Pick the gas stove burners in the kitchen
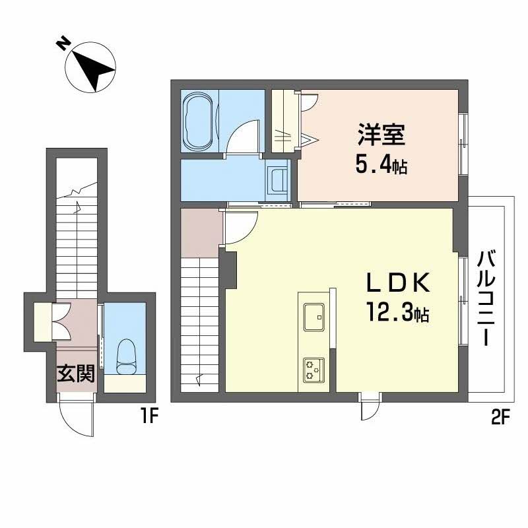point(313,370)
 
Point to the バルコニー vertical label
point(487,298)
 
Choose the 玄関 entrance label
point(75,374)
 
